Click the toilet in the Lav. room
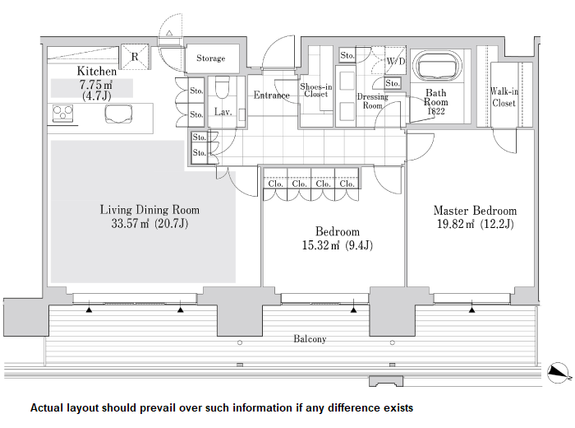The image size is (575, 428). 223,87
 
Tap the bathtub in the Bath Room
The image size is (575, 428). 436,65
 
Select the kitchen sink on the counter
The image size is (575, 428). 118,114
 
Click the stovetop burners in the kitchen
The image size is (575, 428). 62,113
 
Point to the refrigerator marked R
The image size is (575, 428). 135,57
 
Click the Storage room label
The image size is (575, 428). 211,58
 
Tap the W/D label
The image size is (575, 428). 396,62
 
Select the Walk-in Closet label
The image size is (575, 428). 504,97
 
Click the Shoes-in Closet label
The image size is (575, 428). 316,91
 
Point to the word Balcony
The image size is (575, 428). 310,339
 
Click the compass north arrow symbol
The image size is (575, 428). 559,373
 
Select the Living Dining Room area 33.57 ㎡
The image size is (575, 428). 130,223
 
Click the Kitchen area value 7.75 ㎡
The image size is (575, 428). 96,85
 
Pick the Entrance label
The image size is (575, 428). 272,95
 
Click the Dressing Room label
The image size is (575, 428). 373,101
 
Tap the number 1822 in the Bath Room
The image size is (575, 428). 436,111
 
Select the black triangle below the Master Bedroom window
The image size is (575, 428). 472,310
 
